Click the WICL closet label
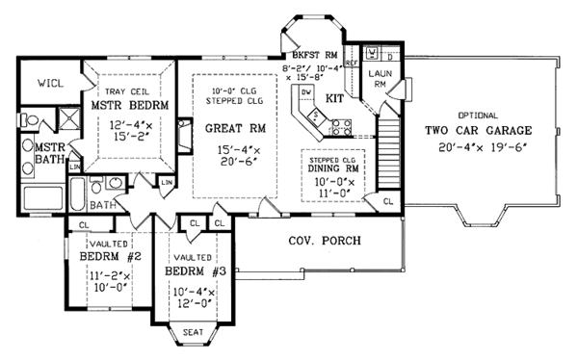51,84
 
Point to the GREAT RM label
228,127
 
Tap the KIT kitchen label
337,99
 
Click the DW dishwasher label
305,91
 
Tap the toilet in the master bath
28,120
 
